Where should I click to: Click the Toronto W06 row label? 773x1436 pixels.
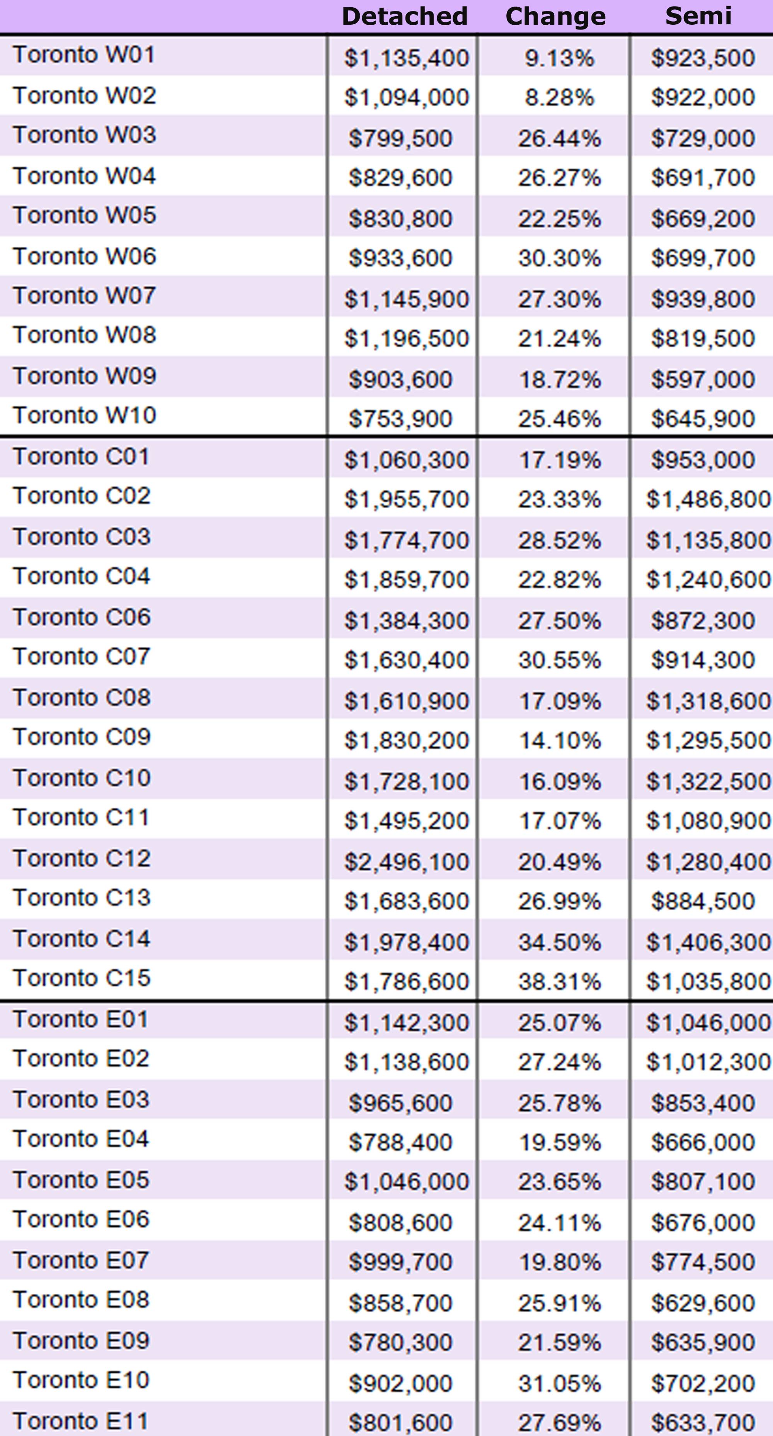pos(84,256)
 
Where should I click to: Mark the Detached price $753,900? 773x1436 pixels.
pos(400,419)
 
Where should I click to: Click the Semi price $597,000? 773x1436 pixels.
pos(702,380)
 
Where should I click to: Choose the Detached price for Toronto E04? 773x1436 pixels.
pos(400,1142)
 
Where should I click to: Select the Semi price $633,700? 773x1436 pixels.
pos(702,1422)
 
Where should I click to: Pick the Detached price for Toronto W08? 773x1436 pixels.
pos(406,338)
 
